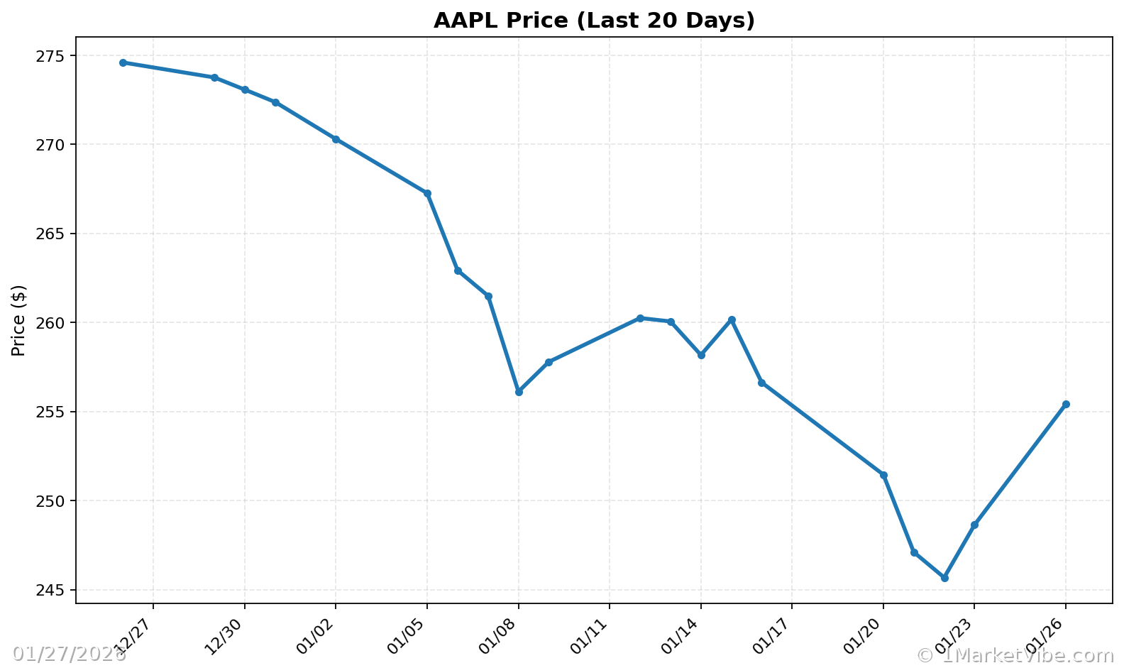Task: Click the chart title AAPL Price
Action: coord(594,21)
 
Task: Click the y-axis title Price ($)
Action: coord(19,320)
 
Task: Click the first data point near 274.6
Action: coord(123,62)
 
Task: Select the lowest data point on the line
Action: coord(944,578)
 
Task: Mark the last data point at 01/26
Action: coord(1066,404)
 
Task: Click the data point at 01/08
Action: coord(519,392)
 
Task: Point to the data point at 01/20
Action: coord(883,475)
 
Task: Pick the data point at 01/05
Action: coord(427,193)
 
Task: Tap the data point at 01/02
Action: coord(336,139)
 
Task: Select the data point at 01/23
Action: coord(974,525)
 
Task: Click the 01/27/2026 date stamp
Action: coord(69,655)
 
